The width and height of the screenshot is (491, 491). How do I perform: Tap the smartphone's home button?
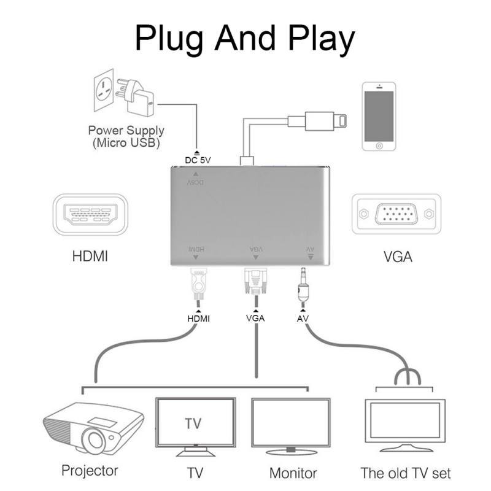[x=378, y=145]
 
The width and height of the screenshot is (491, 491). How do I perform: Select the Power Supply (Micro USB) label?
[x=126, y=136]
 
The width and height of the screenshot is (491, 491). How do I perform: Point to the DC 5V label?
[x=198, y=161]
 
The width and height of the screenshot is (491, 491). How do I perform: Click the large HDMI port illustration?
[x=90, y=214]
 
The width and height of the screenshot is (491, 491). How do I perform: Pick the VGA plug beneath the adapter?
[x=255, y=284]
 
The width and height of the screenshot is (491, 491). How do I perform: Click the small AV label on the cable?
[x=302, y=319]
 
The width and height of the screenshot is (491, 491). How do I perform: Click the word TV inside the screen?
[x=193, y=424]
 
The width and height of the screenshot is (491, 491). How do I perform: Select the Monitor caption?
[x=293, y=473]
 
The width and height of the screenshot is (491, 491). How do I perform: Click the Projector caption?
[x=90, y=471]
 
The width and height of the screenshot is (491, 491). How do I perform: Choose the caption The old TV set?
[x=405, y=473]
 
